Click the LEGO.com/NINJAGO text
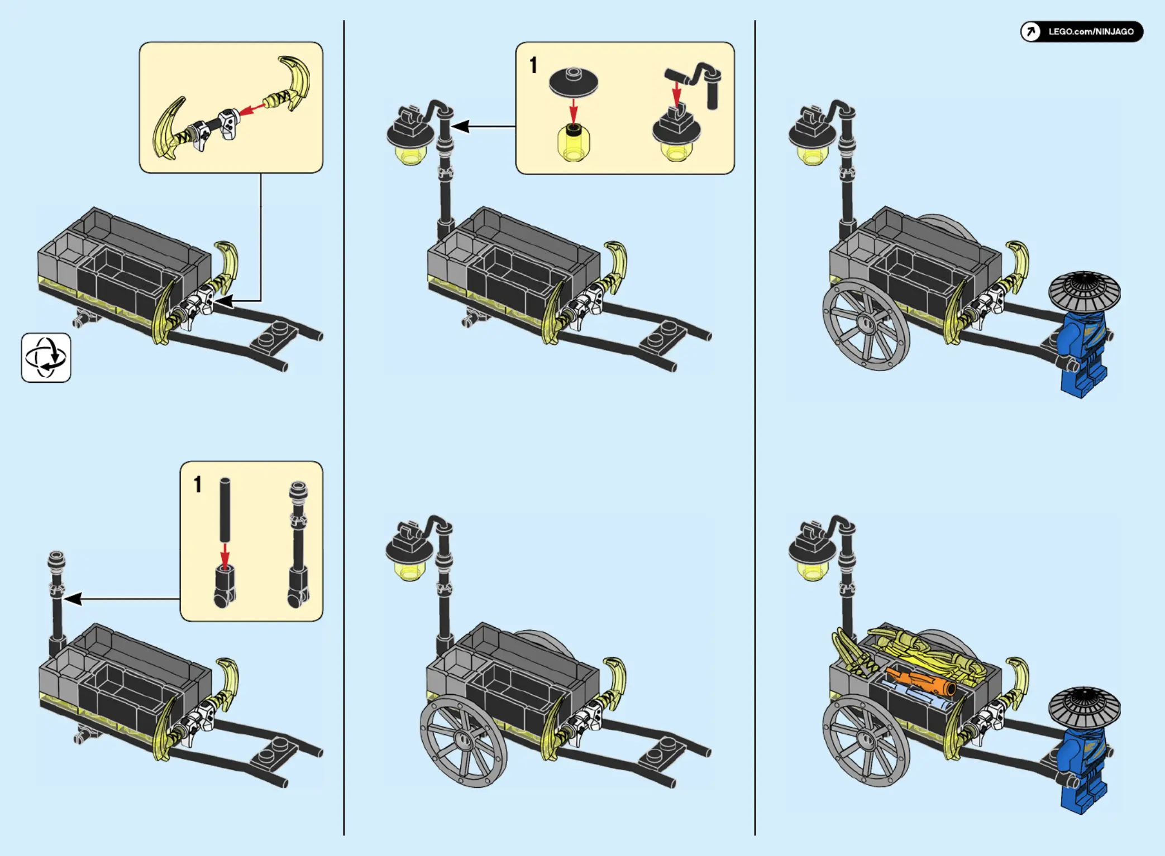click(1091, 32)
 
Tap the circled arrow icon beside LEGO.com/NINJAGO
click(1030, 32)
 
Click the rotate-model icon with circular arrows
click(46, 358)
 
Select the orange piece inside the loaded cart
click(920, 682)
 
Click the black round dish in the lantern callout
click(573, 83)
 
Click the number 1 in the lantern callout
click(533, 65)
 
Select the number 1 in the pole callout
click(197, 484)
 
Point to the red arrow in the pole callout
click(225, 555)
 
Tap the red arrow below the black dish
click(573, 110)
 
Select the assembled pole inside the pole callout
click(298, 544)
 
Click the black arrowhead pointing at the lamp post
click(460, 127)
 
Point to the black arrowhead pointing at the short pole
click(73, 599)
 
